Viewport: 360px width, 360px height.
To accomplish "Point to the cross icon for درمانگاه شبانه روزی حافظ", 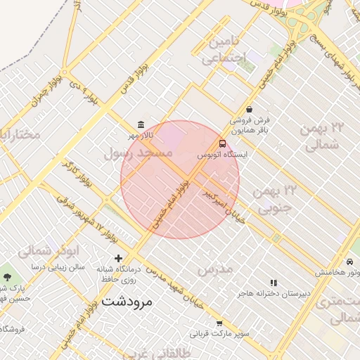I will point(118,259).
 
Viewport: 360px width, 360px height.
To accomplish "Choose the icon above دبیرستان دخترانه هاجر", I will point(274,283).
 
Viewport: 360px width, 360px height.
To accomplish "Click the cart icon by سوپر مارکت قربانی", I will point(219,323).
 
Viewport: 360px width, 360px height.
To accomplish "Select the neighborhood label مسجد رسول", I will point(138,152).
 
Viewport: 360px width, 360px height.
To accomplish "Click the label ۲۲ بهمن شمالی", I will point(323,136).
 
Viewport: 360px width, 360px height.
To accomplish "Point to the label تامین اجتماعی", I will point(226,51).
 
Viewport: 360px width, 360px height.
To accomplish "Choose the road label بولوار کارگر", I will point(77,173).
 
